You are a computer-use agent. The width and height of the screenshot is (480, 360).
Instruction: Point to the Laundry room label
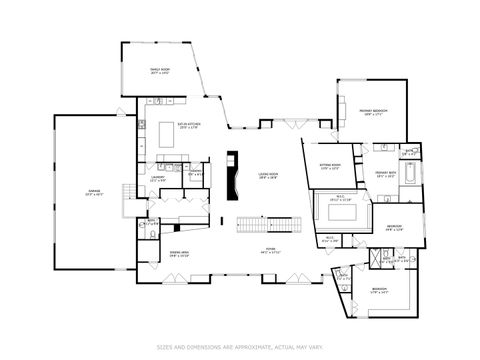[157, 178]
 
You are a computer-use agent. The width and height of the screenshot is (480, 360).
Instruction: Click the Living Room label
[266, 176]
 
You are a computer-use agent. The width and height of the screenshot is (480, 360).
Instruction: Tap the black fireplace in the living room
[233, 175]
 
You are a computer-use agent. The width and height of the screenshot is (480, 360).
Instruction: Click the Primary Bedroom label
[373, 112]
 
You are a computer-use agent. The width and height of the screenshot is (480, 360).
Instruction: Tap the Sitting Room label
[330, 167]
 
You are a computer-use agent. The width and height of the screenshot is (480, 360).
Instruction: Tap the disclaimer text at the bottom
[240, 347]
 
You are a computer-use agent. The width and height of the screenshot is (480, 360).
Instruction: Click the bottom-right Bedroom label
[379, 291]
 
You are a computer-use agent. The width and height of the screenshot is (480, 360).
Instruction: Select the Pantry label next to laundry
[197, 172]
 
